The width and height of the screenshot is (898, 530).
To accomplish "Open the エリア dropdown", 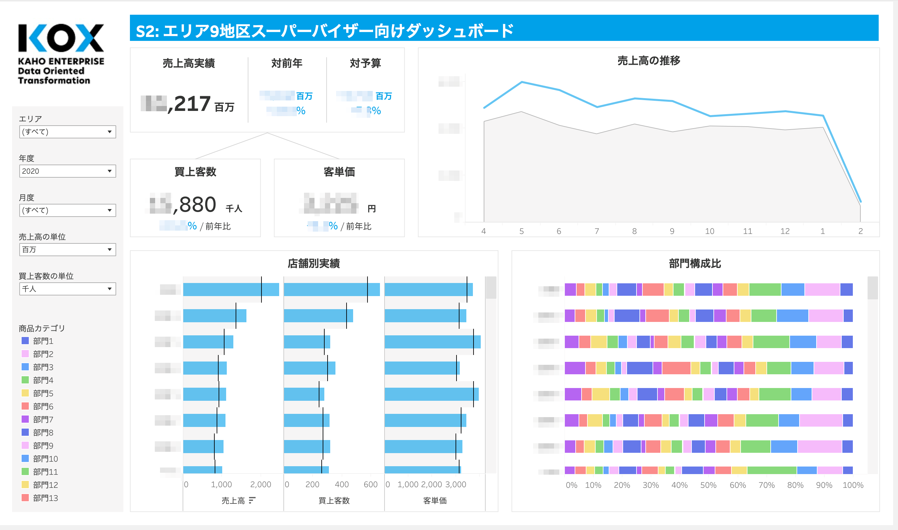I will (x=67, y=132).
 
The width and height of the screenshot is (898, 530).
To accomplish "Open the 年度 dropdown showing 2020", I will (x=67, y=171).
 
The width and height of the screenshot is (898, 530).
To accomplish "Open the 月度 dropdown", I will (x=67, y=210).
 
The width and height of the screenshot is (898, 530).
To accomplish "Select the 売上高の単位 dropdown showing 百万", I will (x=67, y=250).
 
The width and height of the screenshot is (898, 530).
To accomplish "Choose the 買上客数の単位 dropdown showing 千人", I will (x=67, y=289).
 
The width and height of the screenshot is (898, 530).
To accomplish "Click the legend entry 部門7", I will (x=43, y=419).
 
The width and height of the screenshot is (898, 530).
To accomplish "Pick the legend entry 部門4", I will (x=43, y=380).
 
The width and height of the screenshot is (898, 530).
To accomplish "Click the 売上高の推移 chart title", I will (x=649, y=61).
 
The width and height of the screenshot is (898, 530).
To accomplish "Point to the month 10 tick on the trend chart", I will (x=709, y=231).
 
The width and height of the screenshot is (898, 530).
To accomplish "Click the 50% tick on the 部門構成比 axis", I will (x=708, y=485).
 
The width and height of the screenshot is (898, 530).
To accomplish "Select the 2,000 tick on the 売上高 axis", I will (x=260, y=484).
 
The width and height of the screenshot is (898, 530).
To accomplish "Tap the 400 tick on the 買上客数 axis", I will (x=341, y=484).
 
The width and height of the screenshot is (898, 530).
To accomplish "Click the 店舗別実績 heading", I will (x=314, y=264).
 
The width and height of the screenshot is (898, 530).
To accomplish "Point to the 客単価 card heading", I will (x=339, y=172).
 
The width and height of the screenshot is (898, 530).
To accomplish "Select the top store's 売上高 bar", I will (x=231, y=289).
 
